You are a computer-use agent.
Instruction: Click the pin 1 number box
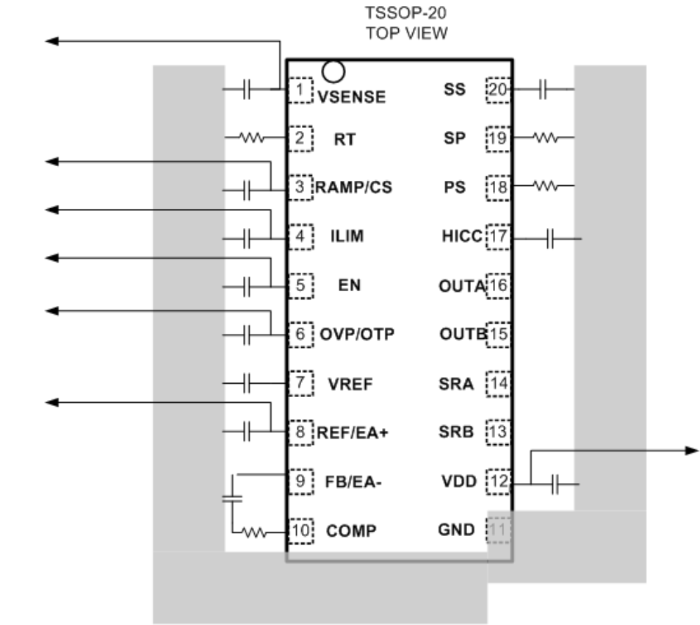[300, 90]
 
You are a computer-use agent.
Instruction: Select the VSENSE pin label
[351, 96]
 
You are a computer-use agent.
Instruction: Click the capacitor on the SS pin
[543, 90]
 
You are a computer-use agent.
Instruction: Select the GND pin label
[456, 529]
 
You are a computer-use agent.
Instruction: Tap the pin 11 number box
[499, 529]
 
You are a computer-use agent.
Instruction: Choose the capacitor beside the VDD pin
[556, 484]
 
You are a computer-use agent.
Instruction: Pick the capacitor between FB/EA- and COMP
[232, 498]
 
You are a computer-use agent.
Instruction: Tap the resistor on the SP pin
[545, 137]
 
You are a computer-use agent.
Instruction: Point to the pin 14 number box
[499, 383]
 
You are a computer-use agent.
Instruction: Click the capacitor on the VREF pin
[247, 383]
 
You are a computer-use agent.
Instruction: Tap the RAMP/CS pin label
[354, 187]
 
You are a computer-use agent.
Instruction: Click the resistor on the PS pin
[545, 187]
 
